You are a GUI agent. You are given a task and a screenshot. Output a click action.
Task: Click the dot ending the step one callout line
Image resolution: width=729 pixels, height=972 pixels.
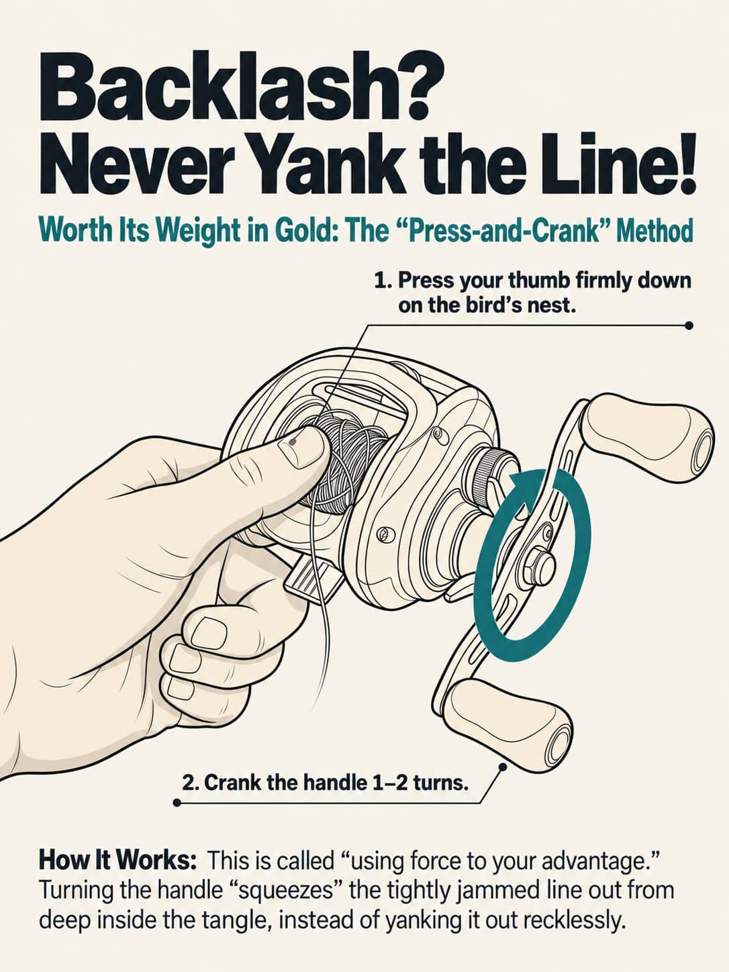[688, 326]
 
